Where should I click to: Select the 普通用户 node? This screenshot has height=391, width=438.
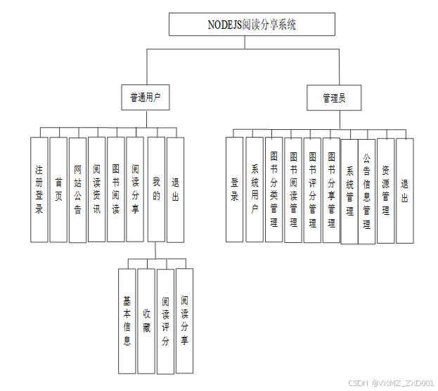146,98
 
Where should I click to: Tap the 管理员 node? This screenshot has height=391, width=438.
334,98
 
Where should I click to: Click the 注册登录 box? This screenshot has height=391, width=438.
39,189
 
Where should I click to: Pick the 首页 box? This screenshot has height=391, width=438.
58,189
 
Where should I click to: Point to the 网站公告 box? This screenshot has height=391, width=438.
77,189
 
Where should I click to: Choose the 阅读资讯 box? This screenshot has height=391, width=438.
97,189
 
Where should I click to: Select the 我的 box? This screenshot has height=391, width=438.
156,189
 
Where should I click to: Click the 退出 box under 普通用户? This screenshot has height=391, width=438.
175,189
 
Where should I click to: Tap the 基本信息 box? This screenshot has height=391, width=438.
127,320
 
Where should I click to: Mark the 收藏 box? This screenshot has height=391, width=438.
146,320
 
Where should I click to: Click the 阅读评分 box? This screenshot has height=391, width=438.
165,320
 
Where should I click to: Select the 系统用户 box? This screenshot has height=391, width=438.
255,190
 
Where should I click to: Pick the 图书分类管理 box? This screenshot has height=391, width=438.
274,190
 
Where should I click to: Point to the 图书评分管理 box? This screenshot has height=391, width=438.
312,190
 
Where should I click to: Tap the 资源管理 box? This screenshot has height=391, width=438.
385,190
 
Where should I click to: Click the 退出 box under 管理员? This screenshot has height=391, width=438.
404,190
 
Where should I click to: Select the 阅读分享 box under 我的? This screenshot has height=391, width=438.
184,320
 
